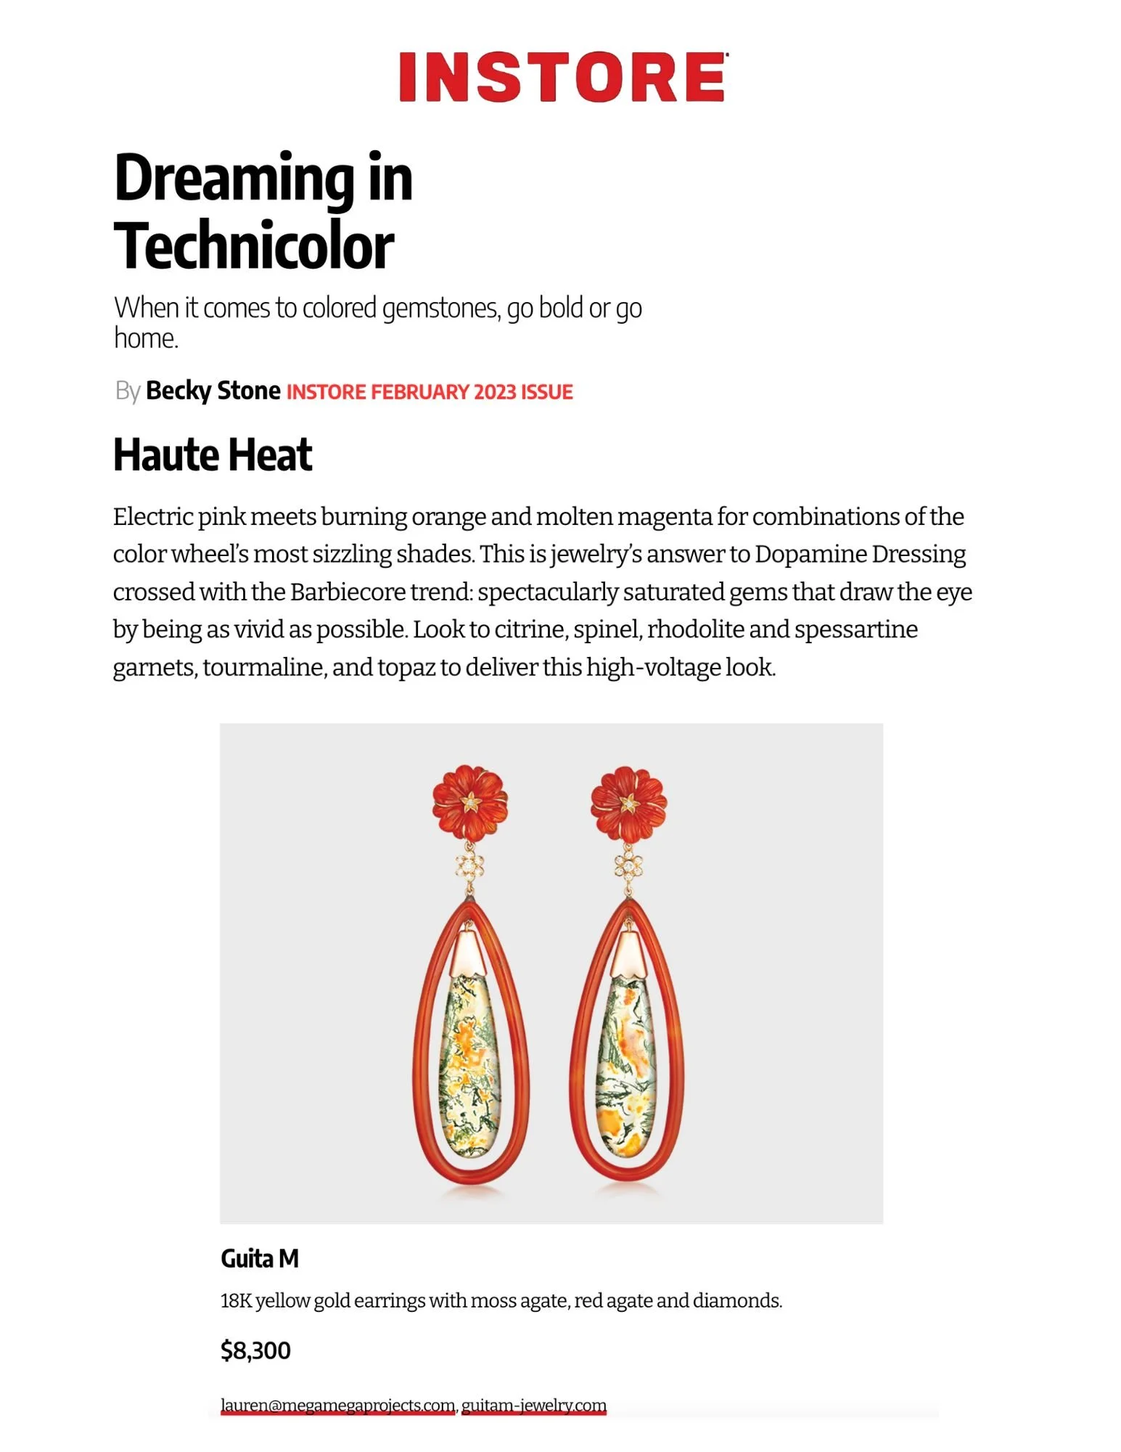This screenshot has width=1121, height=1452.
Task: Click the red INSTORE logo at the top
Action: tap(562, 77)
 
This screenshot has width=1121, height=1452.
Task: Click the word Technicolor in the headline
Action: tap(254, 246)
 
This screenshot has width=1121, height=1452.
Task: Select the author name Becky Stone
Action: tap(213, 391)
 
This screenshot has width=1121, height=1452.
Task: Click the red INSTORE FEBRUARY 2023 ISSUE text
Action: tap(430, 392)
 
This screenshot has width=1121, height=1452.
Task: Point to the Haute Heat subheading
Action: tap(213, 455)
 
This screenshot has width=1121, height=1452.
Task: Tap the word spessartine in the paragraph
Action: tap(856, 629)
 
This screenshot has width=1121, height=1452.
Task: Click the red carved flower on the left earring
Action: tap(469, 801)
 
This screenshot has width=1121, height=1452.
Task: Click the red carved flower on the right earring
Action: tap(628, 801)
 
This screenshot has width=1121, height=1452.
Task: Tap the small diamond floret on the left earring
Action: tap(469, 865)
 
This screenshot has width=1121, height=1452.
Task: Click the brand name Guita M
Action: tap(260, 1258)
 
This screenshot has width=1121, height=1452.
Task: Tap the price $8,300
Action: tap(255, 1350)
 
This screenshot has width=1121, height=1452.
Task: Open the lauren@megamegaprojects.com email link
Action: tap(338, 1405)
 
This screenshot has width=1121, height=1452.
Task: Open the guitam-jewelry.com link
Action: tap(534, 1405)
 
